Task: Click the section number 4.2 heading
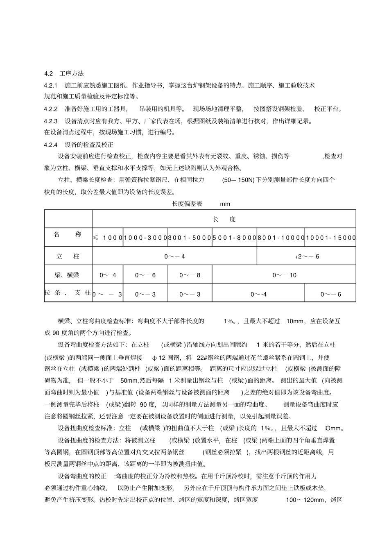[x=49, y=74]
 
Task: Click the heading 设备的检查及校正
[x=89, y=145]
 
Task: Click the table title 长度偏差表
[x=187, y=204]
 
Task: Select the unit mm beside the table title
[x=225, y=204]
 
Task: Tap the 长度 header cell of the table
[x=224, y=219]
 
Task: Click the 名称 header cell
[x=68, y=234]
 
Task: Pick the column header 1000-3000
[x=145, y=238]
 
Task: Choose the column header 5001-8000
[x=234, y=238]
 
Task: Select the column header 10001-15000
[x=331, y=238]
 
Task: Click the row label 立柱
[x=68, y=256]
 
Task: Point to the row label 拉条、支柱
[x=68, y=293]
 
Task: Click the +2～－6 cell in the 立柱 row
[x=307, y=256]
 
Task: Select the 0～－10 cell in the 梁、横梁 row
[x=284, y=275]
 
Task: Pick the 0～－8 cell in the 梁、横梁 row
[x=190, y=275]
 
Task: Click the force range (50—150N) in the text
[x=238, y=180]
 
